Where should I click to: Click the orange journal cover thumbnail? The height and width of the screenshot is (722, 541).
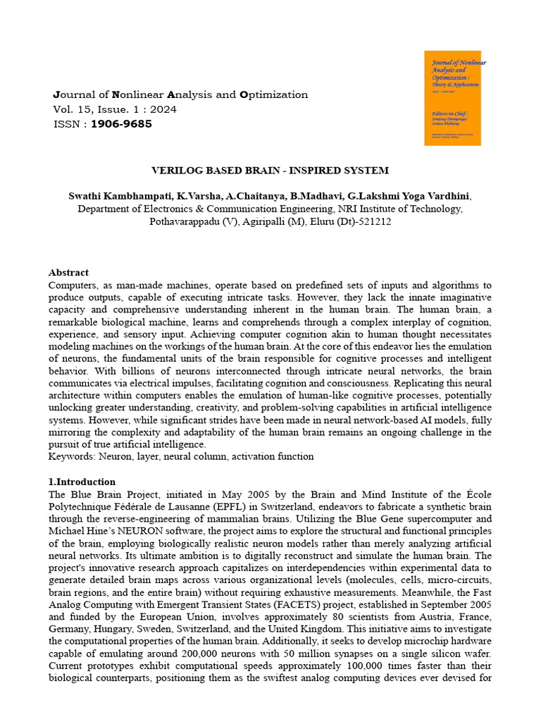[x=452, y=98]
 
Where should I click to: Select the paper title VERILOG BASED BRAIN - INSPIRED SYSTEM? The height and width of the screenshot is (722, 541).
[x=270, y=171]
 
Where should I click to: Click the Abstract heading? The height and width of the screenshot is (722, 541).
[x=68, y=272]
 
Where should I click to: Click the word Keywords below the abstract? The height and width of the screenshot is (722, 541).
[x=71, y=456]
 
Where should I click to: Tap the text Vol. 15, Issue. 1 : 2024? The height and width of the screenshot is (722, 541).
[x=115, y=109]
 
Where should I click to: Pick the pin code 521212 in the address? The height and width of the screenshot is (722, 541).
[x=375, y=221]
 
